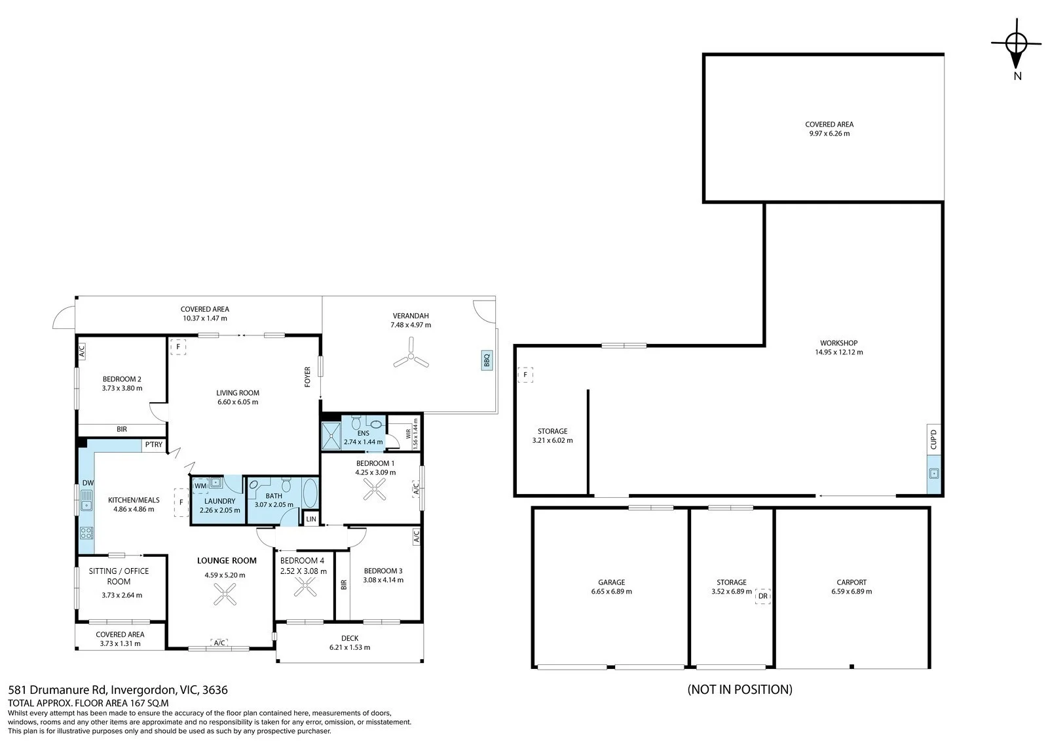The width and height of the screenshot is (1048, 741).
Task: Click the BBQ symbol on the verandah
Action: pyautogui.click(x=487, y=360)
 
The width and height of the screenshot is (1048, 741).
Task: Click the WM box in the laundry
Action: pyautogui.click(x=200, y=486)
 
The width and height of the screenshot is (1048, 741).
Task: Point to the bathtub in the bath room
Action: pyautogui.click(x=310, y=493)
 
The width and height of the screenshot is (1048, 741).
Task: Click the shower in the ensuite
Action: pyautogui.click(x=331, y=436)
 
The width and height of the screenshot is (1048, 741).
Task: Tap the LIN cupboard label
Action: pyautogui.click(x=311, y=519)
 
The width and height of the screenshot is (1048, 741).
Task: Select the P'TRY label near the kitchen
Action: pyautogui.click(x=153, y=445)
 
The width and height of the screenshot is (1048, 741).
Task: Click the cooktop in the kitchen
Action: pyautogui.click(x=86, y=533)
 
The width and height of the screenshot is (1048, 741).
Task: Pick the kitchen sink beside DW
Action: pyautogui.click(x=86, y=501)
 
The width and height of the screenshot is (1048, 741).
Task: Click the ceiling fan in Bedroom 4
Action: pyautogui.click(x=305, y=586)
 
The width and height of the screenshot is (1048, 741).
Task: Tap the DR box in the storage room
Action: pyautogui.click(x=762, y=596)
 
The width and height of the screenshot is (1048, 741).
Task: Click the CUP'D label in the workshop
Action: pyautogui.click(x=933, y=439)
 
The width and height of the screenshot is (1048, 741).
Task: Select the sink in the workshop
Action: pyautogui.click(x=934, y=474)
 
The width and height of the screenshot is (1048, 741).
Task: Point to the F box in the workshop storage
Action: pyautogui.click(x=525, y=375)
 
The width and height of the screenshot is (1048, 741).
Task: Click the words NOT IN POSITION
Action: pyautogui.click(x=739, y=689)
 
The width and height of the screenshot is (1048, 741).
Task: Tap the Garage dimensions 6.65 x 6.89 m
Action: pyautogui.click(x=612, y=591)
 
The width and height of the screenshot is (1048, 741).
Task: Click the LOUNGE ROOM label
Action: pyautogui.click(x=227, y=560)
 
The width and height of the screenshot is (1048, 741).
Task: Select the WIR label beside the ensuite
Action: pyautogui.click(x=409, y=434)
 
